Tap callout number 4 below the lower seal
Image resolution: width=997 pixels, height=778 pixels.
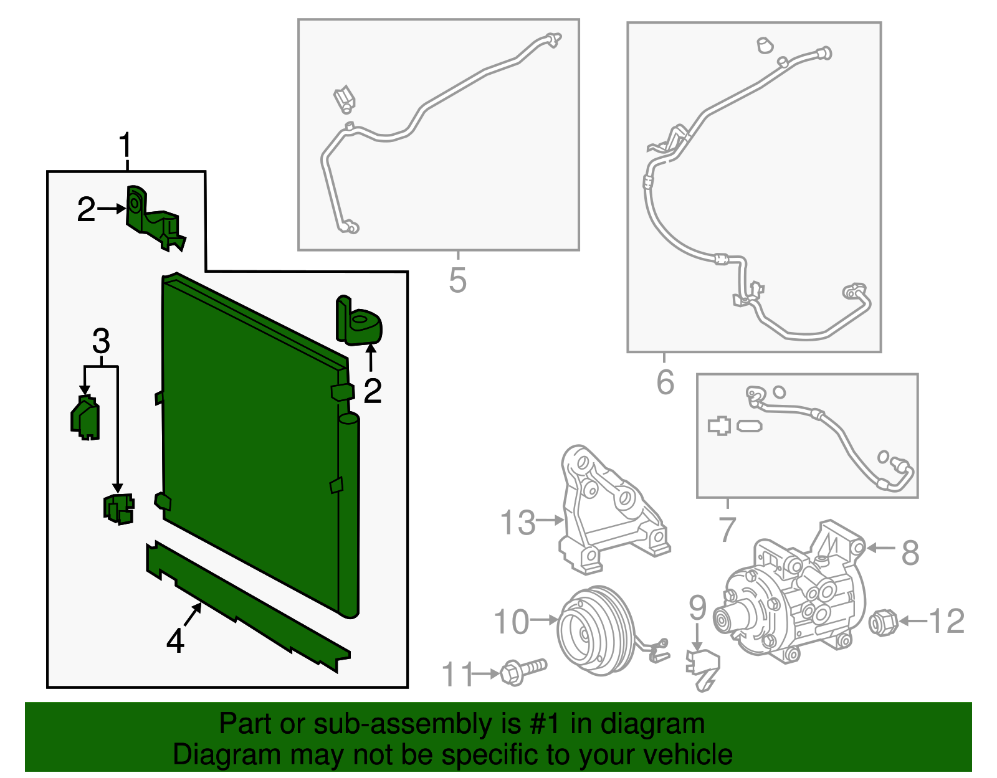(x=175, y=641)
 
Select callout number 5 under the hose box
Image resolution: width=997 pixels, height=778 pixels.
(x=457, y=280)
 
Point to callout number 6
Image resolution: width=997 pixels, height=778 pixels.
(x=665, y=382)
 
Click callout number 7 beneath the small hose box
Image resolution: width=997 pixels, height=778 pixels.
(x=727, y=529)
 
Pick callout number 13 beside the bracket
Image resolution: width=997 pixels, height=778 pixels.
(x=518, y=522)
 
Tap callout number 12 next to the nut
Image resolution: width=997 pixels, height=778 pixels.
(x=947, y=621)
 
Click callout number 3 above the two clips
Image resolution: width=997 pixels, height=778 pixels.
(x=101, y=341)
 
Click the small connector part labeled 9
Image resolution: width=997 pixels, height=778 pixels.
(x=702, y=667)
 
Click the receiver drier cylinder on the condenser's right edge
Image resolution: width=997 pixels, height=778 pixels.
(x=349, y=511)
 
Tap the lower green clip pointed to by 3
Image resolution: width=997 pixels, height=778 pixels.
(x=118, y=508)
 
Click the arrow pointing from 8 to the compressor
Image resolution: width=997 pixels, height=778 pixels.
(x=880, y=548)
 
